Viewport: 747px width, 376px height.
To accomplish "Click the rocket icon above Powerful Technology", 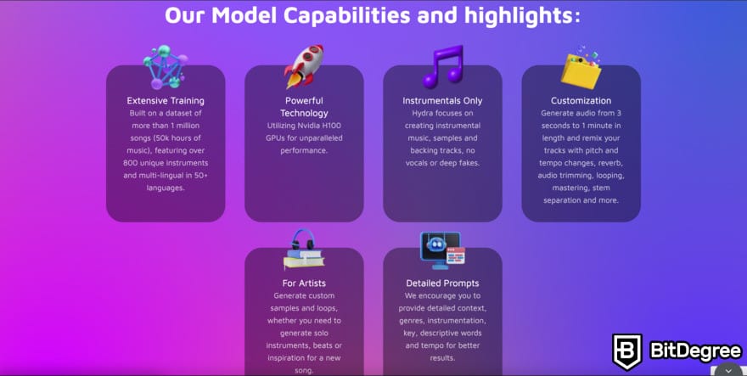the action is coord(304,66).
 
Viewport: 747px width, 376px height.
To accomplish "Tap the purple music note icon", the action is coord(442,67).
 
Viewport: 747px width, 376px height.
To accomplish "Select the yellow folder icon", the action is coord(581,68).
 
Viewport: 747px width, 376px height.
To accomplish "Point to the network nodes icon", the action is coord(166,67).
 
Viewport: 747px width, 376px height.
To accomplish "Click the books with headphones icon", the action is coord(304,250).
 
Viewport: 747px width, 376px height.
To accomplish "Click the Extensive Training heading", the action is coord(166,100).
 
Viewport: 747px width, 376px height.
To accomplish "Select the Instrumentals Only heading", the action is coord(442,100).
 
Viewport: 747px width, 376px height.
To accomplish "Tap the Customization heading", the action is coord(581,100).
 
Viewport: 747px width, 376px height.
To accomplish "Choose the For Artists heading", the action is coord(304,283).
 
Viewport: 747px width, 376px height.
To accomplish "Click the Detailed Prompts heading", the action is coord(442,283).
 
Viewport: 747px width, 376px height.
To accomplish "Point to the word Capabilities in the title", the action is coord(346,15).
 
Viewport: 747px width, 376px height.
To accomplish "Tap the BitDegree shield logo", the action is coord(627,351).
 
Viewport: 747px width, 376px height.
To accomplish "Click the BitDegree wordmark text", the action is coord(695,351).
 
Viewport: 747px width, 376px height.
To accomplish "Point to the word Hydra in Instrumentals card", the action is coord(422,114).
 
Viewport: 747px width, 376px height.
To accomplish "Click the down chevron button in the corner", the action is coord(728,370).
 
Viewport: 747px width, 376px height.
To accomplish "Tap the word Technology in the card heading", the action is coord(304,114).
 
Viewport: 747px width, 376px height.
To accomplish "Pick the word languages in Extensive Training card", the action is coord(165,188).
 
